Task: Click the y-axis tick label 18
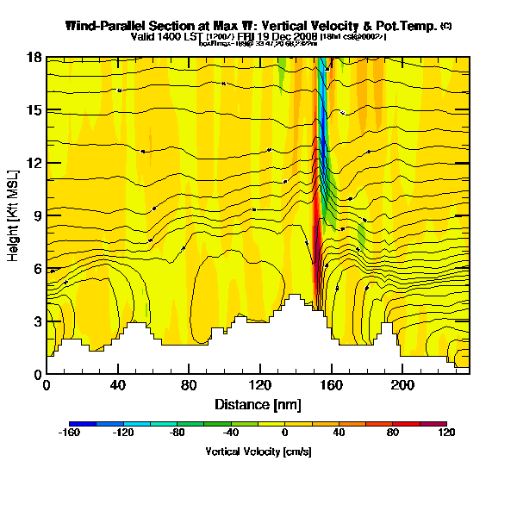[34, 58]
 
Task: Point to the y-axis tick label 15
[34, 110]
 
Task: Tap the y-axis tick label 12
[34, 163]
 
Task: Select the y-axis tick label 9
[37, 216]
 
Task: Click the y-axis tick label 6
[37, 269]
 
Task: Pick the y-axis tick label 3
[37, 321]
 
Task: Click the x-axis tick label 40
[117, 386]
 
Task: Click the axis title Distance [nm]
[258, 404]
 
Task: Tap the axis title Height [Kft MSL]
[14, 215]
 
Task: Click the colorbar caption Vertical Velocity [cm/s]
[258, 452]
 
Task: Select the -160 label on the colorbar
[70, 434]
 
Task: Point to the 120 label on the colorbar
[445, 434]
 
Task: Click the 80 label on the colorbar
[392, 434]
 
